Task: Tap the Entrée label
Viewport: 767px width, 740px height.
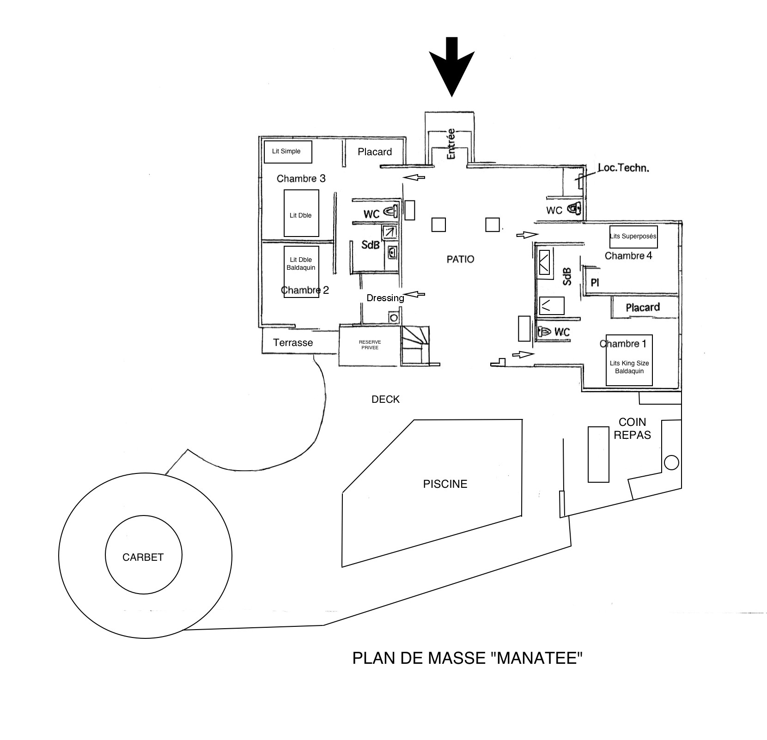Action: pyautogui.click(x=451, y=144)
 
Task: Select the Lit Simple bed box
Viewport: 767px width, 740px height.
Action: pyautogui.click(x=287, y=152)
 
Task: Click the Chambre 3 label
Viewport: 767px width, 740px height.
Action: pyautogui.click(x=301, y=178)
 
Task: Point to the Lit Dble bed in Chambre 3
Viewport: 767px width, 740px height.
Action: pyautogui.click(x=301, y=213)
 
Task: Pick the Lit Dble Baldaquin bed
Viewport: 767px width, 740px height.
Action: pyautogui.click(x=301, y=272)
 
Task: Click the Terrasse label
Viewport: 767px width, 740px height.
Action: pyautogui.click(x=293, y=343)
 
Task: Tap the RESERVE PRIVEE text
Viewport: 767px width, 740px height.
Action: pyautogui.click(x=369, y=345)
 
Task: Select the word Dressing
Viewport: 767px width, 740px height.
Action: pyautogui.click(x=385, y=298)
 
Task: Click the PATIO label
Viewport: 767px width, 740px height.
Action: pyautogui.click(x=460, y=259)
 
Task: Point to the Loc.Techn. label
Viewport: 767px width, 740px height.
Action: pyautogui.click(x=623, y=168)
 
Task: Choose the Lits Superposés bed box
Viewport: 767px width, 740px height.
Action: pyautogui.click(x=633, y=237)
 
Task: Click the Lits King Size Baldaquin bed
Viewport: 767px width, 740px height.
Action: pyautogui.click(x=629, y=360)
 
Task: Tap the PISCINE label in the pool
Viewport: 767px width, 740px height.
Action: pyautogui.click(x=445, y=484)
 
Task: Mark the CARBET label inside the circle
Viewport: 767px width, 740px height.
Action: pyautogui.click(x=143, y=557)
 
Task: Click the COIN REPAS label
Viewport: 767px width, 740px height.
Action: pyautogui.click(x=632, y=428)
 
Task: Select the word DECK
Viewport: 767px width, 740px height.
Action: pyautogui.click(x=385, y=400)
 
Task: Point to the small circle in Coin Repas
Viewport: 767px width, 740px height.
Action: pyautogui.click(x=671, y=462)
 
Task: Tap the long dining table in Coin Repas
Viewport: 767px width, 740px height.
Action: pyautogui.click(x=598, y=455)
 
